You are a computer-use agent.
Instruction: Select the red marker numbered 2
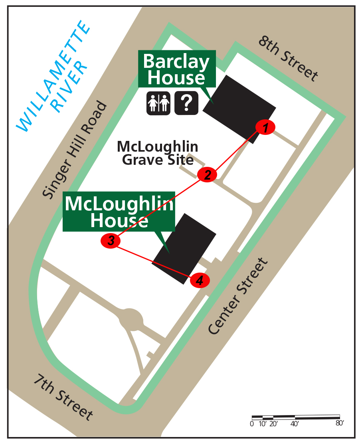click(x=207, y=174)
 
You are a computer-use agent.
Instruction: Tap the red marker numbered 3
click(x=111, y=241)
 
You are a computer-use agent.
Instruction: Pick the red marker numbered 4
click(x=200, y=281)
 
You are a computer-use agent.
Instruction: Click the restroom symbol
click(x=158, y=103)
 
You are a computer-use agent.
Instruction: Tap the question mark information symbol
click(x=186, y=103)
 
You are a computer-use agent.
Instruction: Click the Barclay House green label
click(x=176, y=69)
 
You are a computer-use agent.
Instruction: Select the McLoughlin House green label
click(x=119, y=212)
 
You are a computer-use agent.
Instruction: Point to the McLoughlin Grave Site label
click(x=158, y=153)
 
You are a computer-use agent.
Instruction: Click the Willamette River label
click(x=53, y=76)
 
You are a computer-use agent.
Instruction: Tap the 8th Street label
click(x=289, y=58)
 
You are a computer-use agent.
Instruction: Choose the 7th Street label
click(x=63, y=397)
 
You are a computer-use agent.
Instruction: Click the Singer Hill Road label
click(x=75, y=150)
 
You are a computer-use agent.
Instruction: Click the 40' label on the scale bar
click(x=295, y=424)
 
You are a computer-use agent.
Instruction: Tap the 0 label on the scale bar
click(x=252, y=424)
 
